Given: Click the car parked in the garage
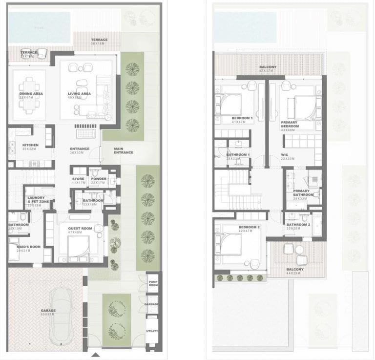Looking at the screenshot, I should (62, 308).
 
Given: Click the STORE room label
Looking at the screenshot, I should (79, 179).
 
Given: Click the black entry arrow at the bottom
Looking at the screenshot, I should (96, 356).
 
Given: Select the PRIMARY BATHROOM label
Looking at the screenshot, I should (303, 193).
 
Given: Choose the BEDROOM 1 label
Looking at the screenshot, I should (243, 118).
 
